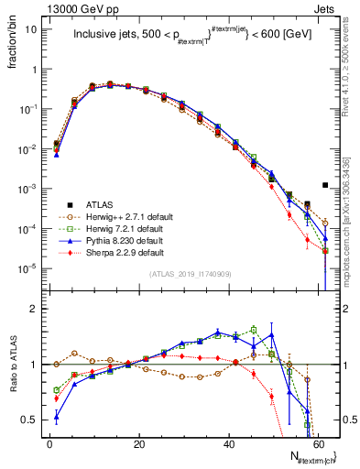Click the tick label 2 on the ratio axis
(x=30, y=309)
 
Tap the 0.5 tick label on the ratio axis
(x=27, y=420)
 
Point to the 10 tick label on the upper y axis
(x=29, y=29)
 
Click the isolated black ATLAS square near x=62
(x=325, y=184)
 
